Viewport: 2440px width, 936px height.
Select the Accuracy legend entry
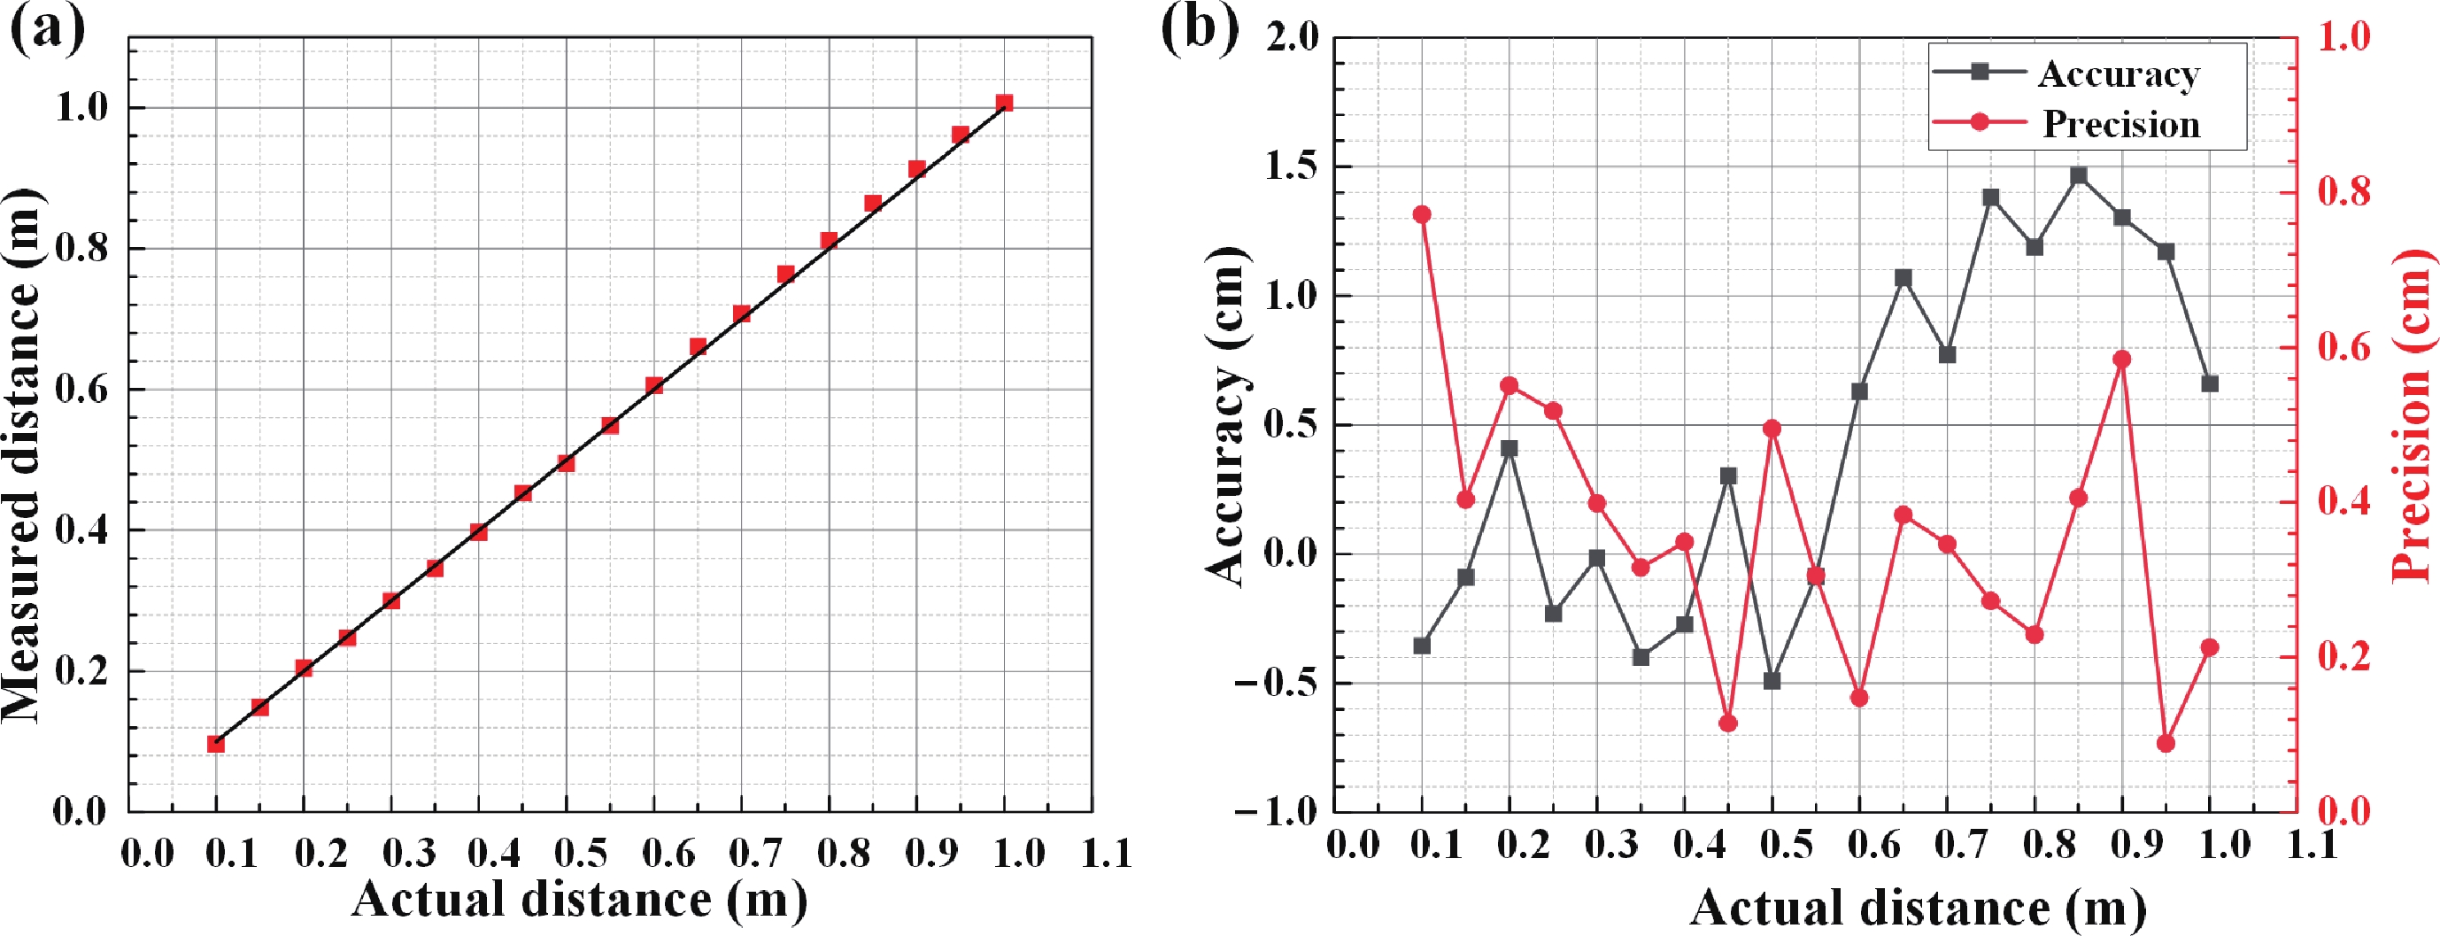tap(2118, 73)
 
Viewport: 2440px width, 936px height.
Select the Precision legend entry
tap(2120, 124)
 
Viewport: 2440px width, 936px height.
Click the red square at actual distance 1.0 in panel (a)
tap(1004, 103)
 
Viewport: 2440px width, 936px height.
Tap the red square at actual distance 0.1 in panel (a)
tap(216, 744)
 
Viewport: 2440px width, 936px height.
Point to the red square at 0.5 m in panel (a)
tap(567, 463)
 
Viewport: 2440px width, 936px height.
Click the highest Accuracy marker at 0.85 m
tap(2078, 175)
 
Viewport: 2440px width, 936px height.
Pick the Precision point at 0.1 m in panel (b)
tap(1422, 215)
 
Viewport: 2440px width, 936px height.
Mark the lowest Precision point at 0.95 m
tap(2166, 744)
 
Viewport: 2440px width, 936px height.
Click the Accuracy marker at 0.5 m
tap(1772, 681)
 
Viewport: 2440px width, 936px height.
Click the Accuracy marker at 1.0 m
tap(2210, 383)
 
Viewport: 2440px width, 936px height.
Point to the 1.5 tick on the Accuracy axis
tap(1291, 166)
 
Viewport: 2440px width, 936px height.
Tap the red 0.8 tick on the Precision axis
tap(2344, 192)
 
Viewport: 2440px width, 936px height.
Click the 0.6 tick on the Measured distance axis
tap(80, 390)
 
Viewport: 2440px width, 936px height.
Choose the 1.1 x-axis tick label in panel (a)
tap(1108, 854)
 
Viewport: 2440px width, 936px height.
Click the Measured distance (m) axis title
tap(23, 455)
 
